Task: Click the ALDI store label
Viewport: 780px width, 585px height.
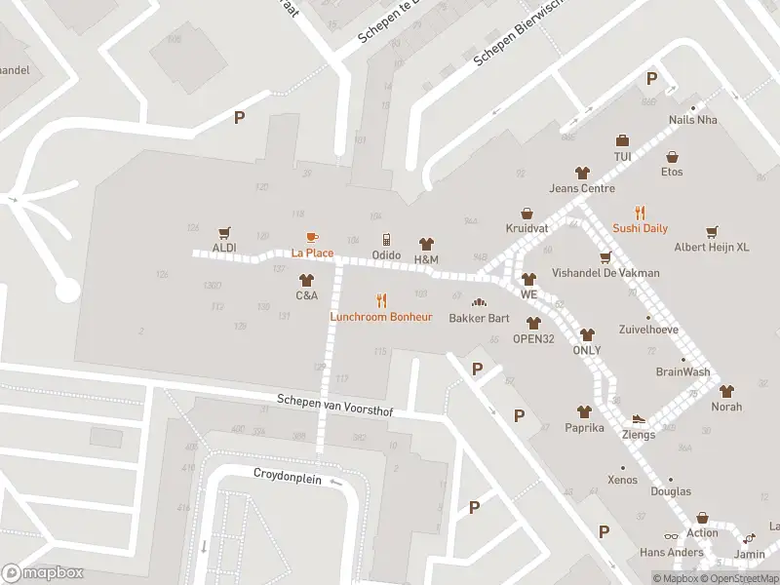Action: click(x=224, y=248)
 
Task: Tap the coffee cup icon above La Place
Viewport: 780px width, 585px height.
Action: click(x=312, y=237)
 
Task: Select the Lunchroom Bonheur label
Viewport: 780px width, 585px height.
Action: click(x=381, y=317)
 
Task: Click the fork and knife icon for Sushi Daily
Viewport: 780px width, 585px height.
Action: click(x=641, y=212)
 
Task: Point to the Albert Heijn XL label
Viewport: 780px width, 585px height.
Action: click(x=712, y=248)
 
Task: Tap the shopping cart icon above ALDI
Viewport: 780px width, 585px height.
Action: click(x=225, y=232)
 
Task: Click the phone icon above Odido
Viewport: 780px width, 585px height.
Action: click(x=386, y=239)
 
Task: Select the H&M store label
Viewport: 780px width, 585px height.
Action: click(x=426, y=259)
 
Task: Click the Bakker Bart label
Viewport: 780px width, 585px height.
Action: click(x=479, y=318)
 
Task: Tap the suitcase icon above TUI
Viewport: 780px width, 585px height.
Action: click(x=622, y=140)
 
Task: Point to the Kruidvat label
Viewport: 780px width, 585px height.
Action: click(x=526, y=228)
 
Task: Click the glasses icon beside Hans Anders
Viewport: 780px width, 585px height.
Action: click(x=670, y=536)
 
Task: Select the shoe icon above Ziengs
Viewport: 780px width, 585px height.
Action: click(x=639, y=419)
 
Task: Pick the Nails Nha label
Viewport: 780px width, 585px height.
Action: click(x=693, y=120)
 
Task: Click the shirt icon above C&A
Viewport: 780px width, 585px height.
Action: click(x=306, y=279)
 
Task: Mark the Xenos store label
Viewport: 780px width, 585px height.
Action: click(x=622, y=480)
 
